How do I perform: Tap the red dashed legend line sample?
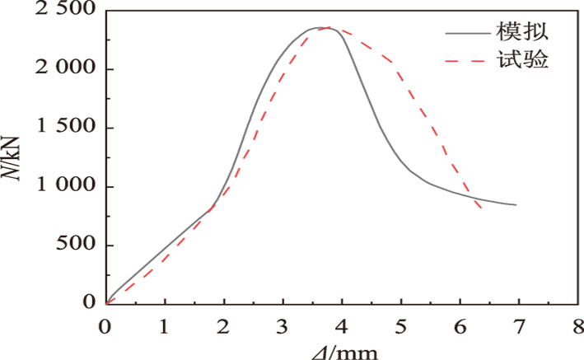(x=466, y=61)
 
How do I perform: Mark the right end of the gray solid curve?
(x=516, y=204)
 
